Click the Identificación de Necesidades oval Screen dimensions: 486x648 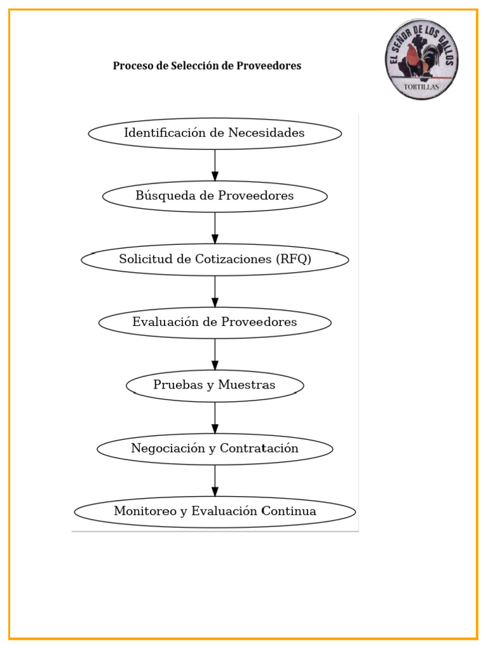(x=215, y=134)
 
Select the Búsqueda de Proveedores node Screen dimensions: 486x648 (x=215, y=196)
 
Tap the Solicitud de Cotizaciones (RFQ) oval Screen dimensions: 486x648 (x=215, y=259)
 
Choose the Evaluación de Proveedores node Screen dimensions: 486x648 (x=215, y=323)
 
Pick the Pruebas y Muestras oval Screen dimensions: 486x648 (x=215, y=385)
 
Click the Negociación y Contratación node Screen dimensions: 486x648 (x=215, y=449)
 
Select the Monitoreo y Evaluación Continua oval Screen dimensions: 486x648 (x=215, y=512)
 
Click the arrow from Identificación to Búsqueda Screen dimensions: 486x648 (x=215, y=165)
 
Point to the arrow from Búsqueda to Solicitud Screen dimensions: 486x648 (x=215, y=228)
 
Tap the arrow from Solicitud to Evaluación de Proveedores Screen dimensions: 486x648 (x=215, y=291)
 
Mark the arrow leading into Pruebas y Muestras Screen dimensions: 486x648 (x=215, y=354)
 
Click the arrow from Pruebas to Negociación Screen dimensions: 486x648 (x=215, y=418)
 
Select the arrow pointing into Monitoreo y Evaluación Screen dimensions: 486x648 (x=215, y=481)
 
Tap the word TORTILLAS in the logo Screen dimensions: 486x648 (x=421, y=87)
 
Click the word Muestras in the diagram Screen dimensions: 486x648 (x=247, y=385)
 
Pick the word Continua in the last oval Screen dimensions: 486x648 (x=289, y=511)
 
